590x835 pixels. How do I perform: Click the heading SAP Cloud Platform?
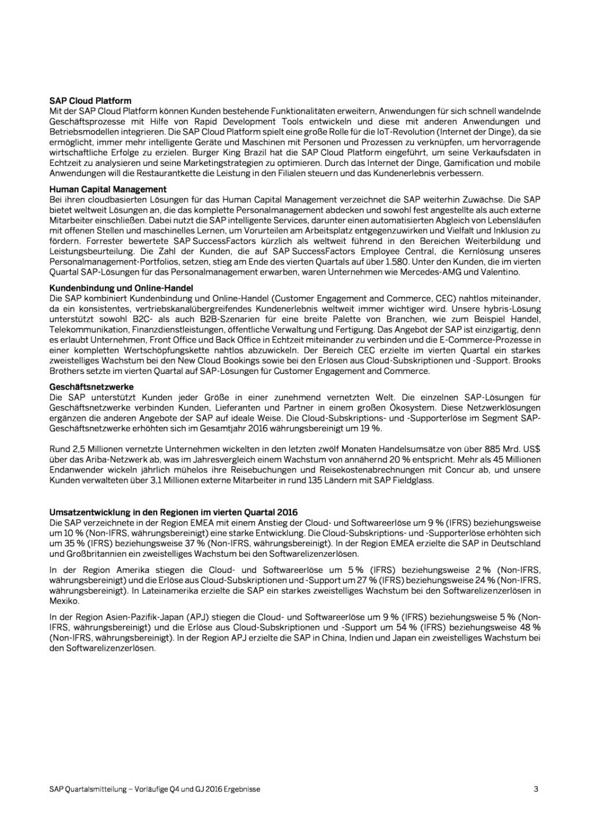click(90, 101)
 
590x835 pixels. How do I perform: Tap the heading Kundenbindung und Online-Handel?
click(121, 288)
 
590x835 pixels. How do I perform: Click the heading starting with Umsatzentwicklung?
click(173, 512)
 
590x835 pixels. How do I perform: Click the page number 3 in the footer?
click(536, 789)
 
